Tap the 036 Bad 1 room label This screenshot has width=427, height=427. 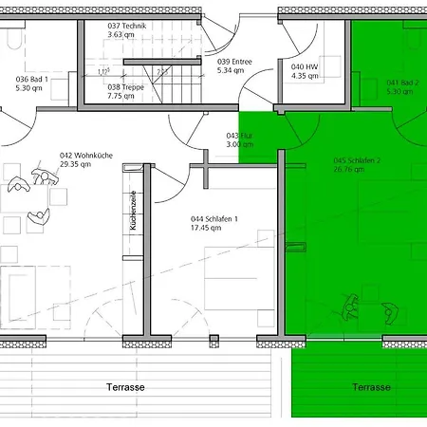33,79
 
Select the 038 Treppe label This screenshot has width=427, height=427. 125,85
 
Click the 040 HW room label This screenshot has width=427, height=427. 305,66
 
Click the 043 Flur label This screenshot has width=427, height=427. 238,135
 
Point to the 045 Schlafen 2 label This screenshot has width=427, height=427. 356,160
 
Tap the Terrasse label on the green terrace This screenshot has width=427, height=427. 371,387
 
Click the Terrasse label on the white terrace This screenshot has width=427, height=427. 125,387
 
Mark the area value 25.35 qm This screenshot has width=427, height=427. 75,164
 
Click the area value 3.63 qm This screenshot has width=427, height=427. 121,34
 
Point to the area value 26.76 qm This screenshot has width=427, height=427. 347,171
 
